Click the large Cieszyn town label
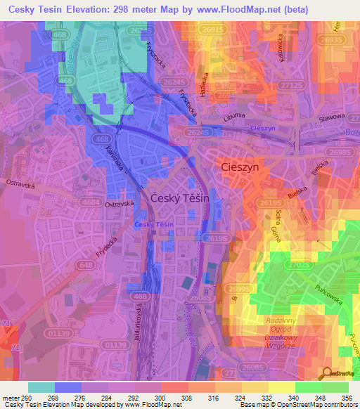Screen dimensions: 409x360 coord(240,169)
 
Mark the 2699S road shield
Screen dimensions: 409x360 coord(240,289)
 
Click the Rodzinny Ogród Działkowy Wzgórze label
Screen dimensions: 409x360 coord(282,335)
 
